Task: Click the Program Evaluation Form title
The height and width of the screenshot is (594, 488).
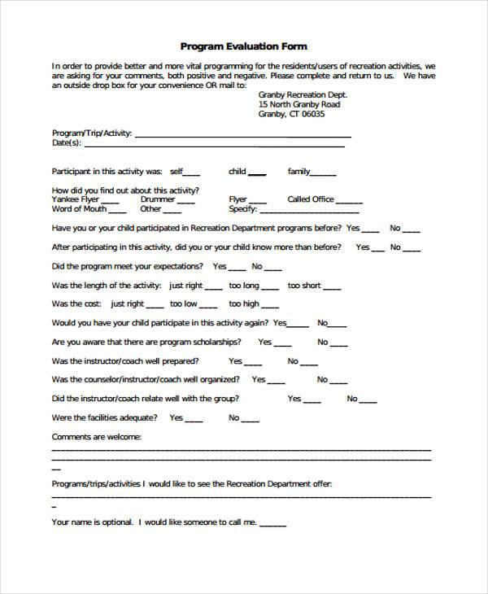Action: (x=243, y=46)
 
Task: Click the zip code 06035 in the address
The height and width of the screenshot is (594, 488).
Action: (x=312, y=115)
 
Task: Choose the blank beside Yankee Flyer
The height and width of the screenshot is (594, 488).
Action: (x=111, y=201)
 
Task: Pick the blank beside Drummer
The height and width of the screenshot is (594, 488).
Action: (x=185, y=201)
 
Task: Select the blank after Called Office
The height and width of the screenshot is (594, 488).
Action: (x=350, y=201)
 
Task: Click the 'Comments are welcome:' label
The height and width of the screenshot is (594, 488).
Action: (x=97, y=437)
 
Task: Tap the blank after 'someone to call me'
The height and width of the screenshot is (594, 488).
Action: (x=268, y=523)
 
